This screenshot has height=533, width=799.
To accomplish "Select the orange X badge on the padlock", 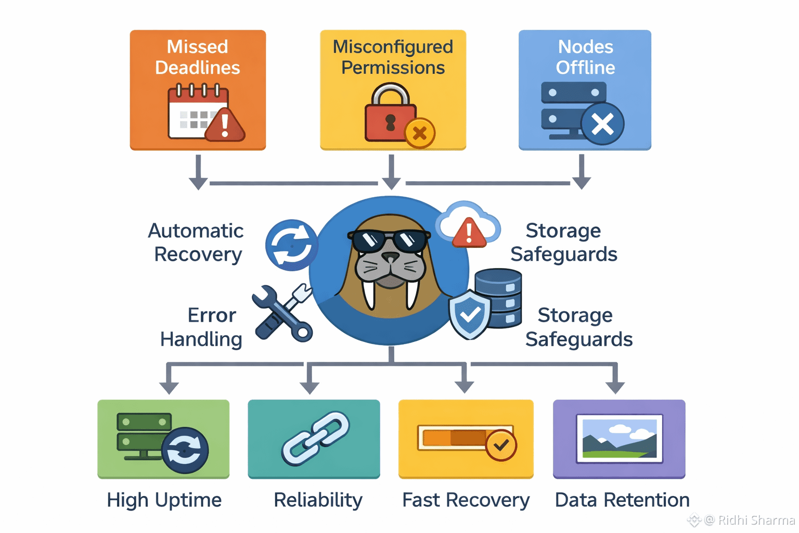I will coord(420,133).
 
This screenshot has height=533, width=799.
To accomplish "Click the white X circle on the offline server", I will coord(602,124).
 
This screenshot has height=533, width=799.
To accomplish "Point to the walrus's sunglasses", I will coord(389,240).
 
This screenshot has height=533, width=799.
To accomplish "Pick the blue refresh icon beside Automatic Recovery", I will coord(291,245).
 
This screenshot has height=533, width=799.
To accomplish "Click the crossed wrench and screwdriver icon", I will coord(282,312).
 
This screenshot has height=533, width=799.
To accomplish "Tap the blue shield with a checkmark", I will coord(470,314).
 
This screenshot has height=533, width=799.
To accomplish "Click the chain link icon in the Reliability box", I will coord(315,438).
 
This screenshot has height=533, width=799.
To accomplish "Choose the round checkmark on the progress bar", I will coord(501,445).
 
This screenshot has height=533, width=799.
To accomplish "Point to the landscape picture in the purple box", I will coord(619,439).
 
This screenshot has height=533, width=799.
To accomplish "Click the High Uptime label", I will coord(164,500).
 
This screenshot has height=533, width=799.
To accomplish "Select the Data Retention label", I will coord(622,500).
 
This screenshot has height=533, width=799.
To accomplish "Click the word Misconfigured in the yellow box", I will coord(393,47).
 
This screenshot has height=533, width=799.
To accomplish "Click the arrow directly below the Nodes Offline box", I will coord(581,174).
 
